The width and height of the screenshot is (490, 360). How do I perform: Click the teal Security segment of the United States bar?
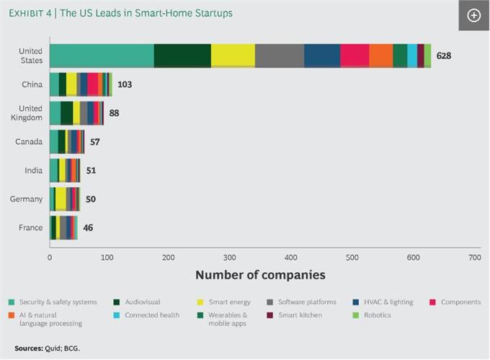(102, 55)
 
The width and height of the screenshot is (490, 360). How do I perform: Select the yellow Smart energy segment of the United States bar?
(233, 55)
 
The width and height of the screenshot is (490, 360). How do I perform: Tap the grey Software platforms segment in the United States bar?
(280, 55)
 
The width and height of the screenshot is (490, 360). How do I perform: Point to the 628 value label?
(443, 55)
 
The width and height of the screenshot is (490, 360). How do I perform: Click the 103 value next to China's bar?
(125, 84)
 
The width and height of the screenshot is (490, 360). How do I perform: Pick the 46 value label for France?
(87, 228)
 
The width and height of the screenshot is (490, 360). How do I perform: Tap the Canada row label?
(30, 142)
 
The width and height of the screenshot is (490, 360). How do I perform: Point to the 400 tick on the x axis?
(290, 257)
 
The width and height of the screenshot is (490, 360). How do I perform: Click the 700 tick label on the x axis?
(474, 257)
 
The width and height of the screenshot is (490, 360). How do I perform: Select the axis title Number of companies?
(260, 275)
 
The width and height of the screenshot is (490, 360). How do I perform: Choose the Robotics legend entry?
(377, 315)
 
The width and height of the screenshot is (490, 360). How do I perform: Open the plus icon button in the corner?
(473, 15)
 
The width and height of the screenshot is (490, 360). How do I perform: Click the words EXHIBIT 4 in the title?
(30, 13)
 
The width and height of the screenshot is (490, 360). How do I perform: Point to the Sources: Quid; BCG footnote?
(48, 348)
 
